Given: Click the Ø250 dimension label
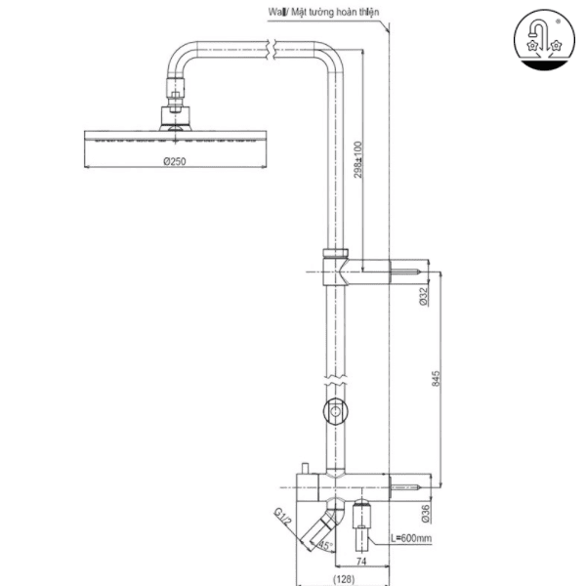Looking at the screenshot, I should pos(175,162).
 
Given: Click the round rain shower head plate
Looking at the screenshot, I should pos(175,138).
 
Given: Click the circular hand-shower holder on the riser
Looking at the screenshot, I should pos(335,413).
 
